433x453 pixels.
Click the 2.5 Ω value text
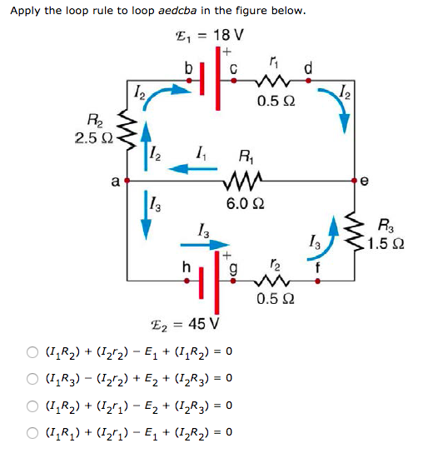tap(92, 137)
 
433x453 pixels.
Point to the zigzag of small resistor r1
tap(273, 81)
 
